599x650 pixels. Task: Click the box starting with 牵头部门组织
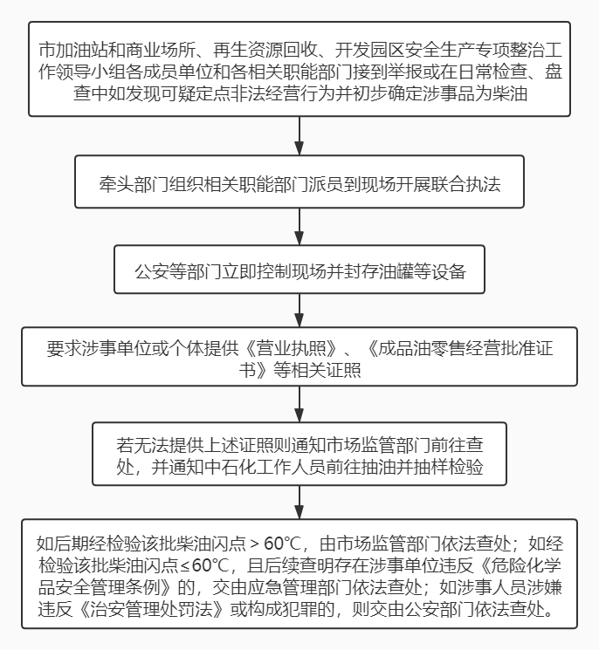pos(299,181)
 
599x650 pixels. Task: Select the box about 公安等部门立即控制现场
pos(299,270)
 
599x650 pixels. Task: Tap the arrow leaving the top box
pos(299,136)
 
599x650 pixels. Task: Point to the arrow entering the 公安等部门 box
pos(299,226)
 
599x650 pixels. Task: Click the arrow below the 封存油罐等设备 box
pos(299,311)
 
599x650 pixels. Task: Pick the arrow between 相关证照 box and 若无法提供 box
pos(299,404)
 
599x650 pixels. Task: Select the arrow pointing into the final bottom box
pos(299,502)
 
